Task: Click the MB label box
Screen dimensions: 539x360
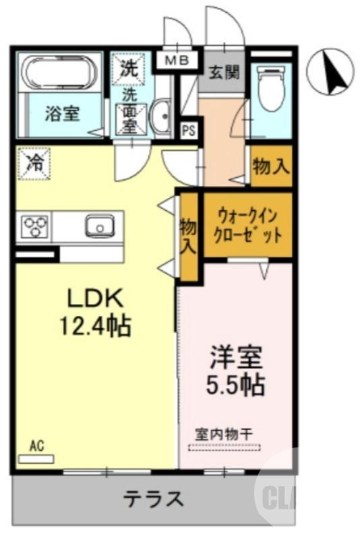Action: [x=177, y=61]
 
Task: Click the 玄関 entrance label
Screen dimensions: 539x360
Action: [x=224, y=72]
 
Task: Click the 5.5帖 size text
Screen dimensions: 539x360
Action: [x=235, y=385]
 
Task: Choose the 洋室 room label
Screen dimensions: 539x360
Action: [x=235, y=355]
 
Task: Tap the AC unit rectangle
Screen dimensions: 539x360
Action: [x=36, y=459]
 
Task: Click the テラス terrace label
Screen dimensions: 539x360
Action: [x=153, y=499]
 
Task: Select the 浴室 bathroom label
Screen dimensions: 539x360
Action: [x=62, y=115]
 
